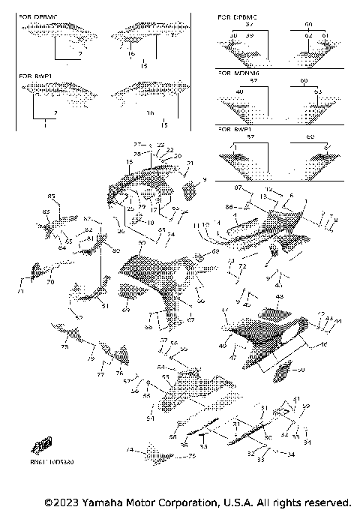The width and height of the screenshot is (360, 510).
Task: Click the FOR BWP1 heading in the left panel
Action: (35, 76)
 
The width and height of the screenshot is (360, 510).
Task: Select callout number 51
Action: (84, 306)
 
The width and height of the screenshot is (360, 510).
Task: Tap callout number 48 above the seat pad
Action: (280, 297)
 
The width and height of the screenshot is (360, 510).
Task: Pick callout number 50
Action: (302, 370)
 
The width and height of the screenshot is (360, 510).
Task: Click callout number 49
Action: (223, 346)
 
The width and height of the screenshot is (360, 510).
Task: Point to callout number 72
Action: (242, 266)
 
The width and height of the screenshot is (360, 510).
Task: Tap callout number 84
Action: (62, 247)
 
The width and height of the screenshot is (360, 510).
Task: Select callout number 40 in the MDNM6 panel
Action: (239, 91)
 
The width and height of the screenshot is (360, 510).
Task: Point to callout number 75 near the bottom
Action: (191, 456)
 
